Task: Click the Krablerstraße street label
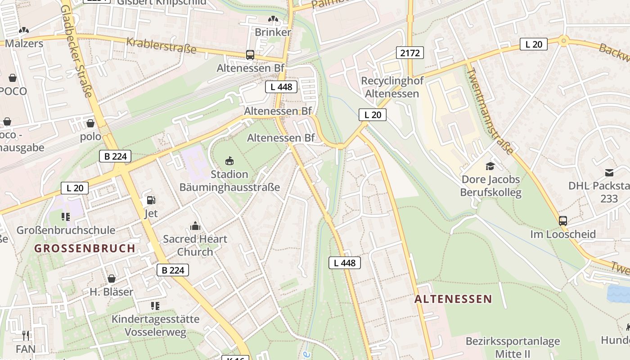pyautogui.click(x=161, y=45)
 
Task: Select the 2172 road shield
pyautogui.click(x=410, y=53)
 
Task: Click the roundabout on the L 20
pyautogui.click(x=563, y=41)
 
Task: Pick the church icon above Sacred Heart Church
pyautogui.click(x=195, y=226)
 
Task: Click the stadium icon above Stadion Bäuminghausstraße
pyautogui.click(x=229, y=161)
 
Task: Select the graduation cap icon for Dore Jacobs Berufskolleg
pyautogui.click(x=490, y=166)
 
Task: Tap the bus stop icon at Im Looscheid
pyautogui.click(x=562, y=220)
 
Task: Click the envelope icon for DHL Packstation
pyautogui.click(x=609, y=172)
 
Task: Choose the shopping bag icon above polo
pyautogui.click(x=90, y=123)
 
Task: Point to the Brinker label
pyautogui.click(x=273, y=32)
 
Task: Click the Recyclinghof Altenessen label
pyautogui.click(x=392, y=87)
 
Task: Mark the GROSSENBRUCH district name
pyautogui.click(x=85, y=248)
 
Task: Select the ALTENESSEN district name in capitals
pyautogui.click(x=453, y=299)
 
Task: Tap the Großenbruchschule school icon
pyautogui.click(x=66, y=217)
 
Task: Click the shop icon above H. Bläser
pyautogui.click(x=111, y=279)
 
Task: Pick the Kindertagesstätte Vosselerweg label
pyautogui.click(x=155, y=326)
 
